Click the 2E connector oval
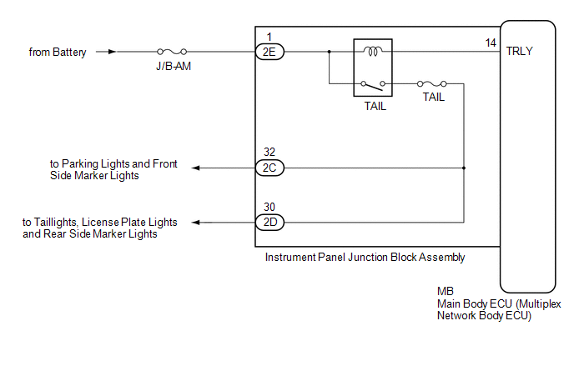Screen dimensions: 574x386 pyautogui.click(x=269, y=52)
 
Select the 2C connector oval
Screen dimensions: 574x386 pyautogui.click(x=269, y=168)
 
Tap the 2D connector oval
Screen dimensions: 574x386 pyautogui.click(x=269, y=222)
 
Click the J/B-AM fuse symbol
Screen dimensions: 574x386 pyautogui.click(x=172, y=52)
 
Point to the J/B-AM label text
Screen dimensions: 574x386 pyautogui.click(x=174, y=66)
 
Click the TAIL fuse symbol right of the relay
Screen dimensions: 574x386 pyautogui.click(x=432, y=83)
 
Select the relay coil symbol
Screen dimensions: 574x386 pyautogui.click(x=373, y=51)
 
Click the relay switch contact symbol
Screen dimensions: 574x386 pyautogui.click(x=373, y=85)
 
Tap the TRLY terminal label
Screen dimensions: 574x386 pyautogui.click(x=519, y=51)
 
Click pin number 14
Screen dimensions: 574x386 pyautogui.click(x=491, y=43)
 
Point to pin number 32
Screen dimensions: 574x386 pyautogui.click(x=269, y=152)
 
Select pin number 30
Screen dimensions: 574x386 pyautogui.click(x=269, y=207)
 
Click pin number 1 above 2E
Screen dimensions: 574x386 pyautogui.click(x=269, y=37)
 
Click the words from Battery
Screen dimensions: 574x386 pyautogui.click(x=58, y=53)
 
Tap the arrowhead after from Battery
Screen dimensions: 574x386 pyautogui.click(x=112, y=52)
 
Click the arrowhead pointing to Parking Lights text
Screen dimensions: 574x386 pyautogui.click(x=196, y=168)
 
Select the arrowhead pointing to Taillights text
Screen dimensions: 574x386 pyautogui.click(x=196, y=222)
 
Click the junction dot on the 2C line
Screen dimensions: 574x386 pyautogui.click(x=464, y=168)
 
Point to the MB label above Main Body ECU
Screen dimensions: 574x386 pyautogui.click(x=446, y=291)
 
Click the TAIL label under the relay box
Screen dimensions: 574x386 pyautogui.click(x=375, y=106)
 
